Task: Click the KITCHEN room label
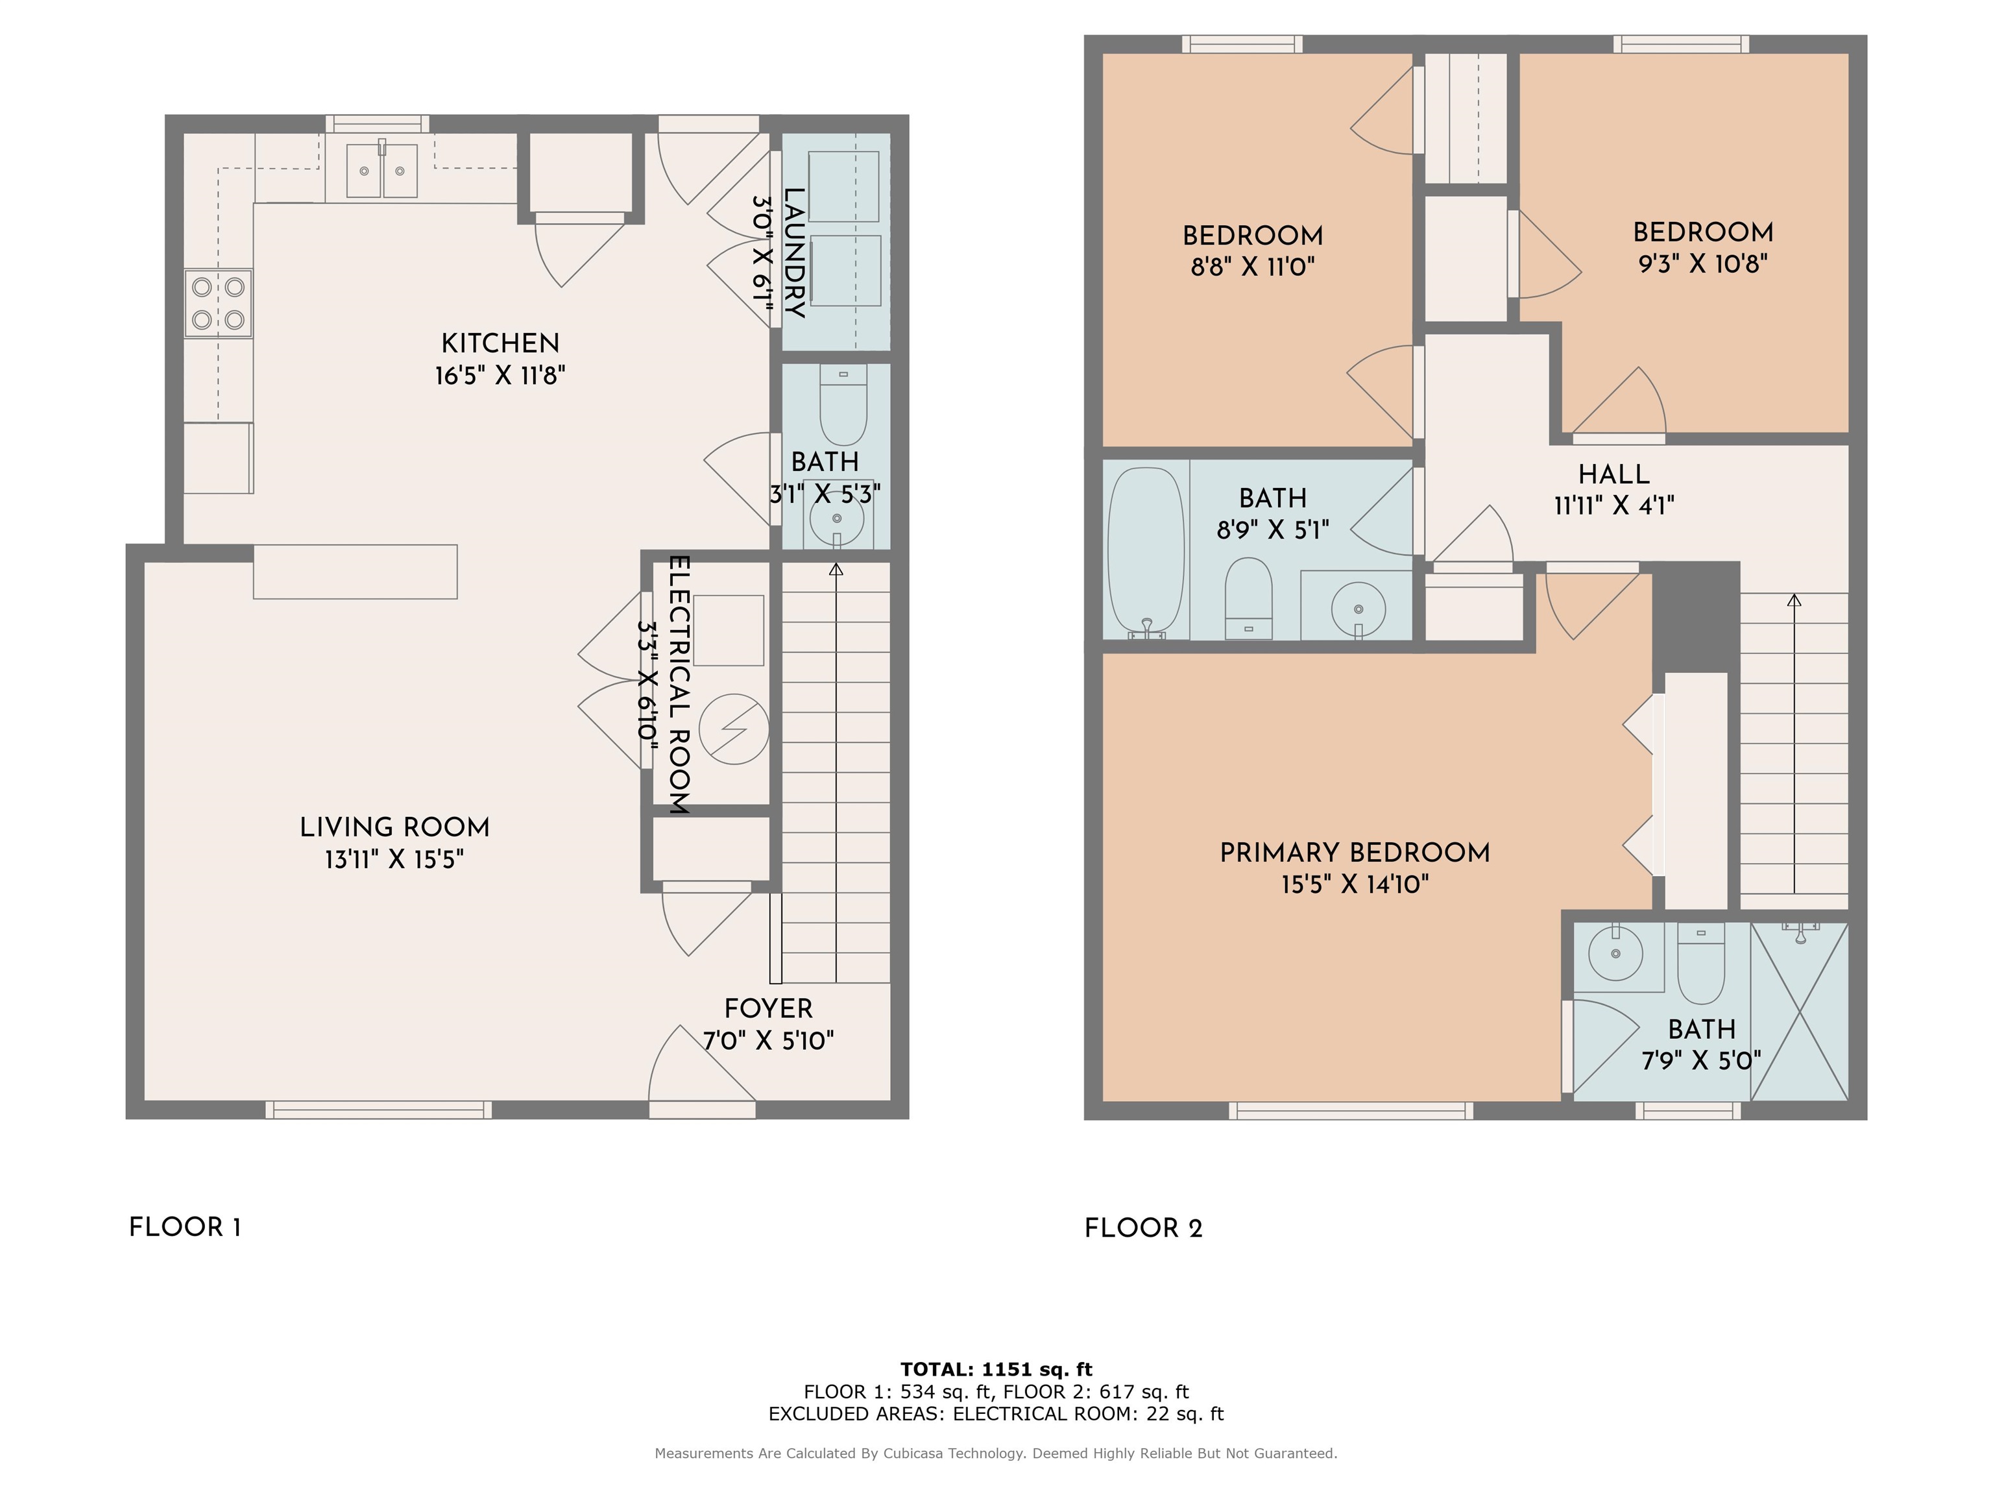click(500, 343)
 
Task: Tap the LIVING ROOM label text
click(394, 827)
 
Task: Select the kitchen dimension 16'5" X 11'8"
click(500, 375)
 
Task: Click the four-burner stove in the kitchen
click(218, 304)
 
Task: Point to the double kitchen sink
click(382, 169)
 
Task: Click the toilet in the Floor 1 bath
click(843, 405)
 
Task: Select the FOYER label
click(769, 1008)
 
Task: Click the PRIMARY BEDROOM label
click(1355, 853)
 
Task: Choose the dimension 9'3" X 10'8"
click(1703, 263)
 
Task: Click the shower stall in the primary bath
click(1799, 1010)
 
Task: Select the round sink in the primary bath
click(1615, 953)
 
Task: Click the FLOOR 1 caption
click(185, 1228)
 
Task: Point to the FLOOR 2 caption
click(1143, 1228)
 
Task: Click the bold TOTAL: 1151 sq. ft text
click(996, 1370)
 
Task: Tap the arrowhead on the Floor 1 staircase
click(836, 570)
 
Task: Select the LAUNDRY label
click(794, 252)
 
